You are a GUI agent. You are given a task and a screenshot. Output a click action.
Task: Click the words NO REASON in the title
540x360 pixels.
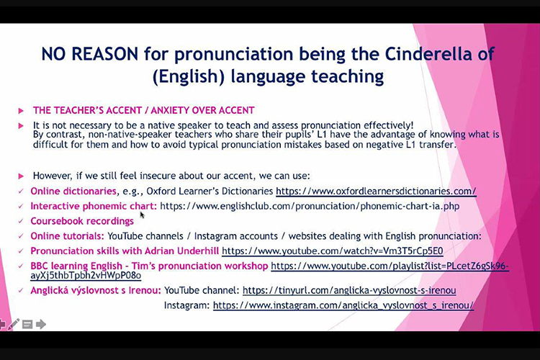tap(89, 54)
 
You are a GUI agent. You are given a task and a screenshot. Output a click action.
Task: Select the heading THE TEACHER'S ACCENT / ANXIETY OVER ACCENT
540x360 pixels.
tap(143, 110)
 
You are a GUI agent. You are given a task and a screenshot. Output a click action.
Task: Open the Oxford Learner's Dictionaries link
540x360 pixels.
tap(376, 192)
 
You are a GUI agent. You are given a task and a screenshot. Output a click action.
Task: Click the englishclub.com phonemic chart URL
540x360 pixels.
tap(310, 207)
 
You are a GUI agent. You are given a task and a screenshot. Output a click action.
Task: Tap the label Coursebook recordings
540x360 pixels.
tap(82, 221)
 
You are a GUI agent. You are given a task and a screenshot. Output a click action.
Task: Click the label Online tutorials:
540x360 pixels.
tap(67, 236)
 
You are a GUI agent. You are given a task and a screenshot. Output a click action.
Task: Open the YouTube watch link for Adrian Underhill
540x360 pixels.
tap(333, 251)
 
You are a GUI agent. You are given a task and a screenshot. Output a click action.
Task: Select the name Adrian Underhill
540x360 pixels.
tap(181, 251)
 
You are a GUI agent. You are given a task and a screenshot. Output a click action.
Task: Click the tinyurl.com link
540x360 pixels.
tap(349, 290)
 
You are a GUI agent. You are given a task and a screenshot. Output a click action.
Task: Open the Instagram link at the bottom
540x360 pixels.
tap(343, 305)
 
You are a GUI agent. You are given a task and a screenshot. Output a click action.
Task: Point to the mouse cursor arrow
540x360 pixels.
tap(142, 215)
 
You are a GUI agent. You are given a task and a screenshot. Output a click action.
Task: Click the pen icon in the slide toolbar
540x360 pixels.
tap(14, 324)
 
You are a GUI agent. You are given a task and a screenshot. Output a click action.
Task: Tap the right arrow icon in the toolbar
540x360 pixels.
tap(41, 324)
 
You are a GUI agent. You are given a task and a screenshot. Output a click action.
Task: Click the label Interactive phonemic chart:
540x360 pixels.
tap(94, 207)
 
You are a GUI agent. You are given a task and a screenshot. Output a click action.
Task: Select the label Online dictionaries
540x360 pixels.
tap(73, 192)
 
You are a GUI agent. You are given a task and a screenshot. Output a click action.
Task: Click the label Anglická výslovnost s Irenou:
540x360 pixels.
tap(96, 290)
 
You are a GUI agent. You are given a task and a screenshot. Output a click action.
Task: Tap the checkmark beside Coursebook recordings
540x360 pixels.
tap(21, 221)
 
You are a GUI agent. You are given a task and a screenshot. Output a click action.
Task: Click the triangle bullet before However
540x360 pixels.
tap(21, 176)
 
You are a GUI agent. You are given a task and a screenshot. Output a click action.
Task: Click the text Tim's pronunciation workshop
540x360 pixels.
tap(199, 266)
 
